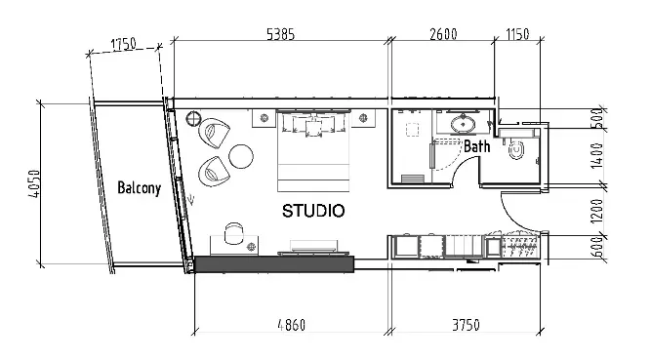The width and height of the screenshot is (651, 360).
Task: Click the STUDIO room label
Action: pyautogui.click(x=312, y=211)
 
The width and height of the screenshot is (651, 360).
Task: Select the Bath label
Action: pyautogui.click(x=476, y=147)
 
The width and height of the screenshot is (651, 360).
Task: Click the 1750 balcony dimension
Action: pyautogui.click(x=123, y=44)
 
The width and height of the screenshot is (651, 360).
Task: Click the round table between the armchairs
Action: pyautogui.click(x=239, y=155)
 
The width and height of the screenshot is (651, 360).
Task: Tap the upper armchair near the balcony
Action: pyautogui.click(x=217, y=132)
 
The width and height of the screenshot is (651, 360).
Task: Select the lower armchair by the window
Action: pyautogui.click(x=213, y=173)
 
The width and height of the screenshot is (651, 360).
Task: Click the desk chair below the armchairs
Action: pyautogui.click(x=233, y=234)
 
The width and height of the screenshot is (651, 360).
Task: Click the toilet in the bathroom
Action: pyautogui.click(x=516, y=149)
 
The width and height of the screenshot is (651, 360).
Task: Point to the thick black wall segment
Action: pyautogui.click(x=273, y=263)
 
